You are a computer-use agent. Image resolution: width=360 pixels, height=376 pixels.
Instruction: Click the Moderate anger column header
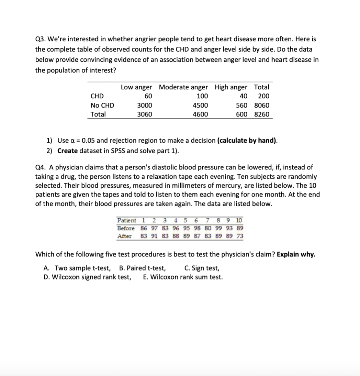tap(183, 87)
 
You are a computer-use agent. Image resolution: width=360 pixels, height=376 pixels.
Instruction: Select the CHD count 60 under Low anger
tap(148, 96)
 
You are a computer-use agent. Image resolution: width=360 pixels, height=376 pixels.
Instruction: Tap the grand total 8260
tap(262, 114)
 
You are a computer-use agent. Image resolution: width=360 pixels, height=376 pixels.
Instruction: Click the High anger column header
tap(231, 87)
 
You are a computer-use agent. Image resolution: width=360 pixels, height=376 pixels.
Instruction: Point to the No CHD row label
tap(102, 105)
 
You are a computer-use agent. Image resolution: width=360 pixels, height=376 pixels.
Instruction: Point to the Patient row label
tap(126, 220)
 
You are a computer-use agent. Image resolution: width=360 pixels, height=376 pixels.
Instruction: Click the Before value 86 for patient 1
tap(144, 228)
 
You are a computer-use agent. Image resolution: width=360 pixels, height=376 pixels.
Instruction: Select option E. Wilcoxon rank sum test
tap(182, 277)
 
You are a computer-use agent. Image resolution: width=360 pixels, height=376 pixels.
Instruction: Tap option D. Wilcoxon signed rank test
tap(87, 277)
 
